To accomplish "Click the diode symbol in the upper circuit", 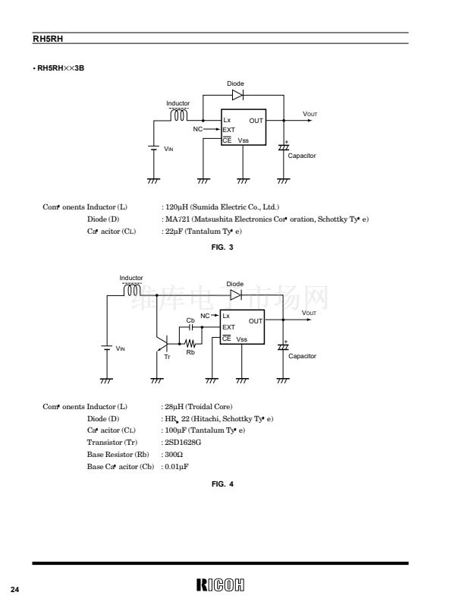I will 237,95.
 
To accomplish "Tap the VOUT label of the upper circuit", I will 310,114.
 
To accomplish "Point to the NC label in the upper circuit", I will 198,130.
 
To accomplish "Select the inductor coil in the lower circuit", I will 131,290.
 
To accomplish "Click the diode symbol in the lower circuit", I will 236,294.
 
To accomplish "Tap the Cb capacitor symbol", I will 191,328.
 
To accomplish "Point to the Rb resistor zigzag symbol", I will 190,344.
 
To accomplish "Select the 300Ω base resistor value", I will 173,454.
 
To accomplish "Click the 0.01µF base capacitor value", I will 177,466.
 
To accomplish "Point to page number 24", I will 14,590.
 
